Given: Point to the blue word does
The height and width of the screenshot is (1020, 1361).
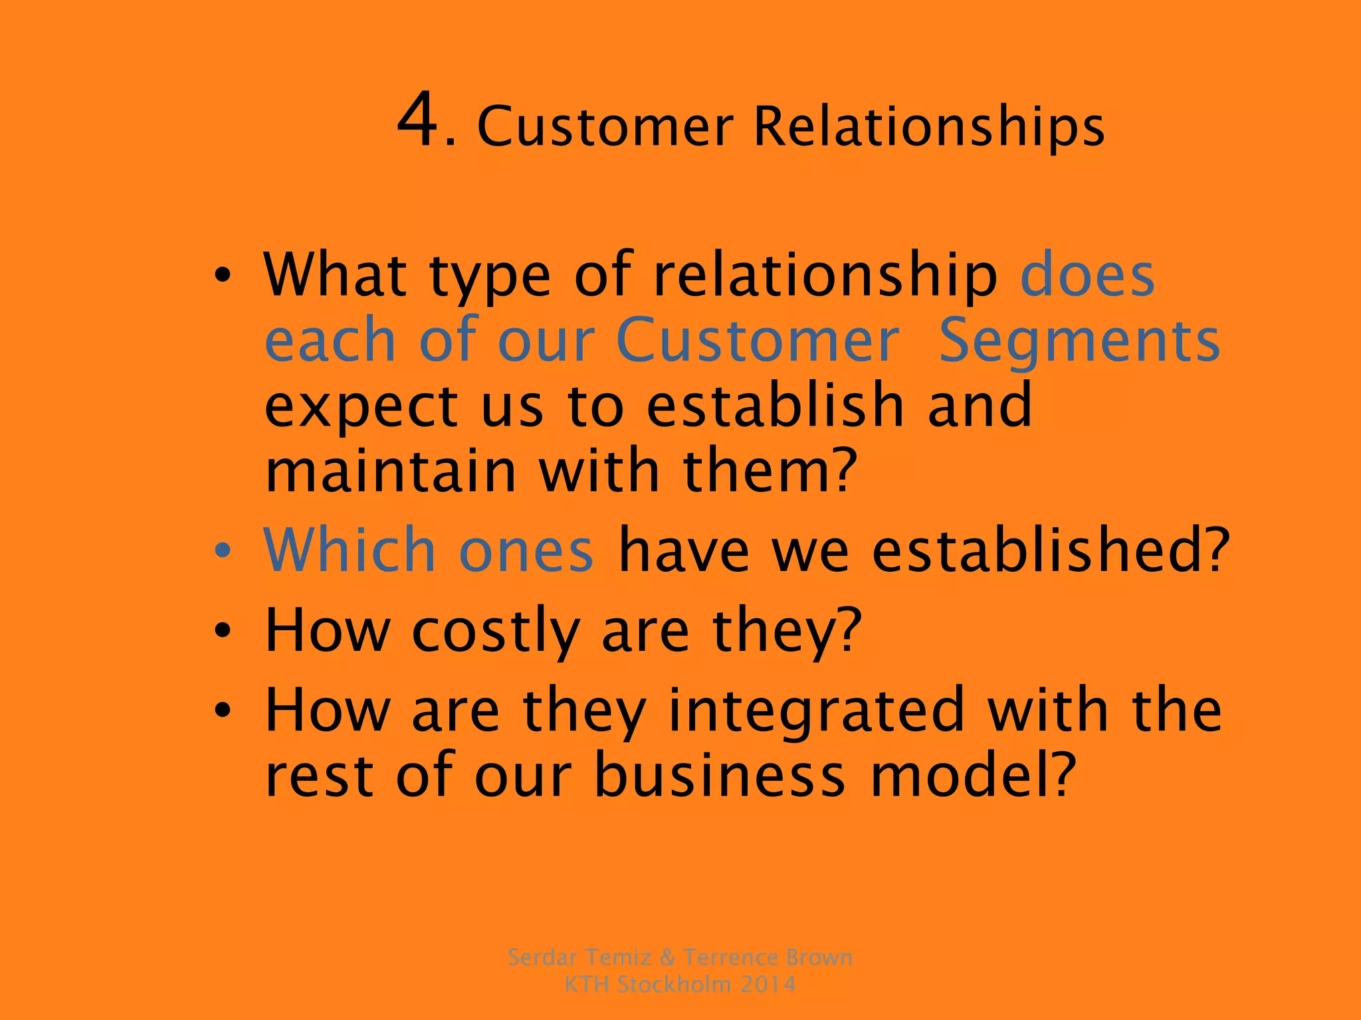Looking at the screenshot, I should coord(1087,274).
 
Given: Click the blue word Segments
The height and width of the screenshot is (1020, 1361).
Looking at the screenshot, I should coord(1079,341).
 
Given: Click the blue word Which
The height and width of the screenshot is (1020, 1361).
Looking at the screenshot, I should coord(350,550).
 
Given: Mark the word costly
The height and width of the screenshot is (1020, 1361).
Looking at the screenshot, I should coord(496,631).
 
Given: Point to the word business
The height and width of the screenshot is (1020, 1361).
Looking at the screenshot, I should coord(719,776).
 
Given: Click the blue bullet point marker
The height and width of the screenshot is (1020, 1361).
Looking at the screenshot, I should coord(223,551).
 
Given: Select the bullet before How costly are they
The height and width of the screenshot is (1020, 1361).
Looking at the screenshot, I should coord(223,631).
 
